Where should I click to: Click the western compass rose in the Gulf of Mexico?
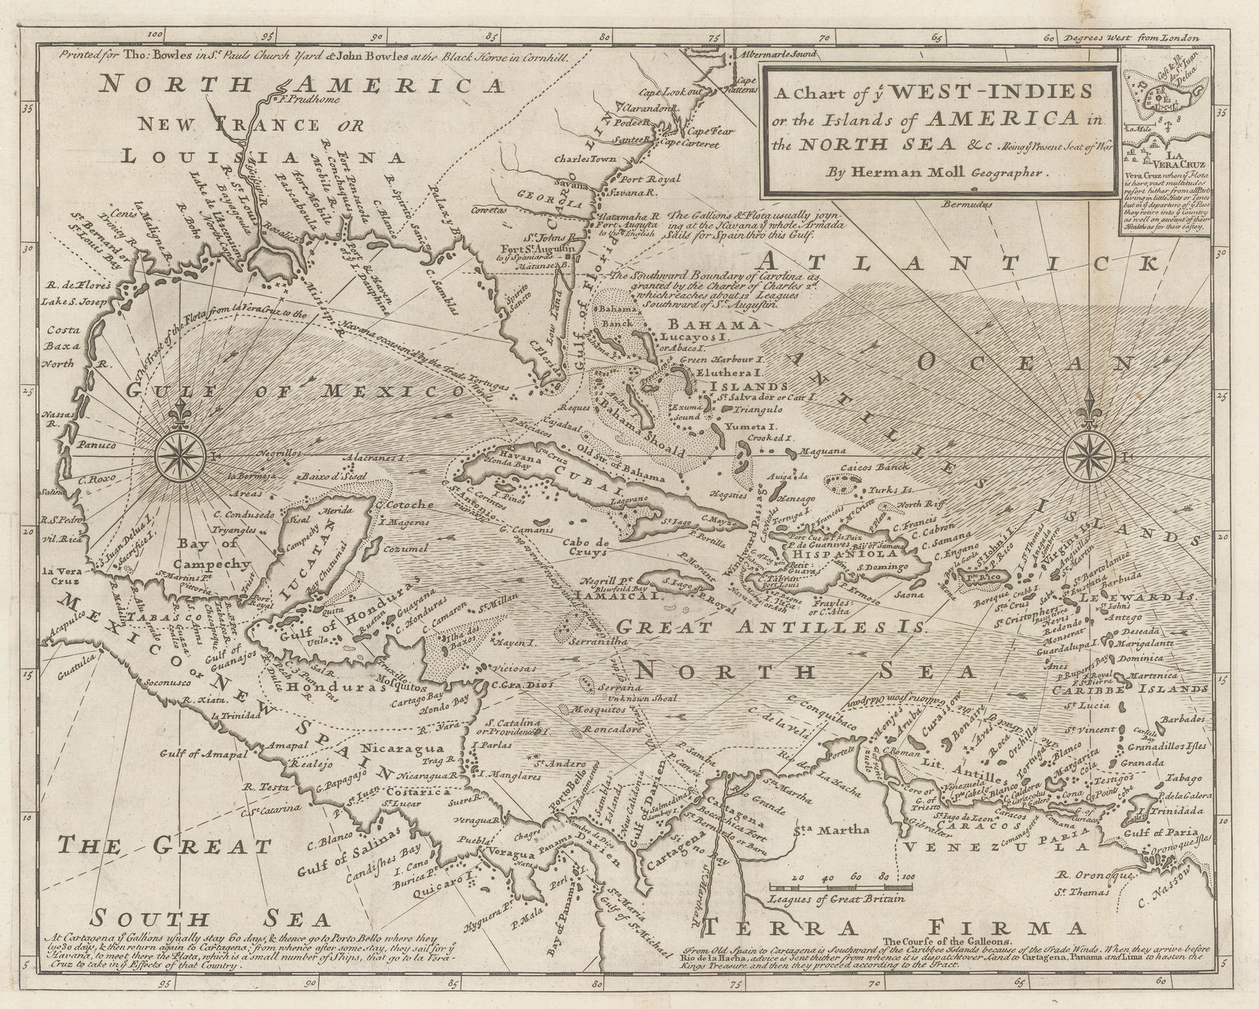tap(182, 455)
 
